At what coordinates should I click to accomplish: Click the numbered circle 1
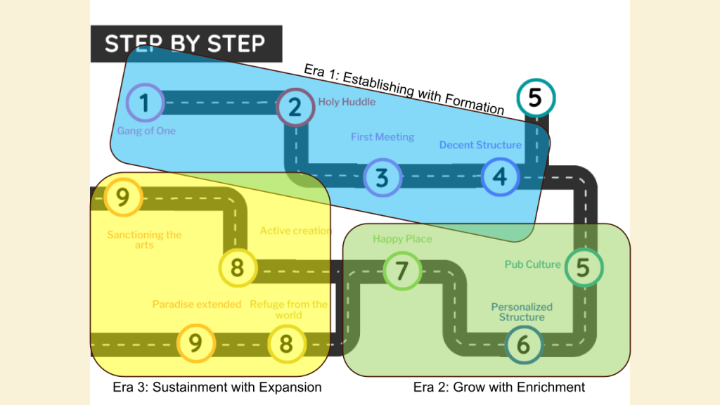[144, 103]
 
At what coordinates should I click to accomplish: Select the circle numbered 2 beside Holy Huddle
[295, 108]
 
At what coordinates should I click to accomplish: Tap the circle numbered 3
[382, 177]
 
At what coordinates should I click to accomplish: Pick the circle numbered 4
[500, 176]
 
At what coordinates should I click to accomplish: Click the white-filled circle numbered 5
[535, 98]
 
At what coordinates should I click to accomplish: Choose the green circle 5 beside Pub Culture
[584, 267]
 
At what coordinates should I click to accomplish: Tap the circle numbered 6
[524, 345]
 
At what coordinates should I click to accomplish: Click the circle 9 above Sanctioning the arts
[122, 198]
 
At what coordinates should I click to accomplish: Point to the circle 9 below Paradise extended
[195, 343]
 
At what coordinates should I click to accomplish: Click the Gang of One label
[146, 131]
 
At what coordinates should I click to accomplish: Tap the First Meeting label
[382, 137]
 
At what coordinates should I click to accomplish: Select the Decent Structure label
[480, 145]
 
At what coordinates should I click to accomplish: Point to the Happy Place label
[402, 239]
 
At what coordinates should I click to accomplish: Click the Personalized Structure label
[522, 311]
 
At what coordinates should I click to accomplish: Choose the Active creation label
[295, 231]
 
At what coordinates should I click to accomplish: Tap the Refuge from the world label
[288, 309]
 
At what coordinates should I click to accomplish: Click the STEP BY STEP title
[186, 44]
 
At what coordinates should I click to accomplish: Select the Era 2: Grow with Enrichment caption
[499, 387]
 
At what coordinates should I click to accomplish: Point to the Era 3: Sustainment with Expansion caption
[217, 387]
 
